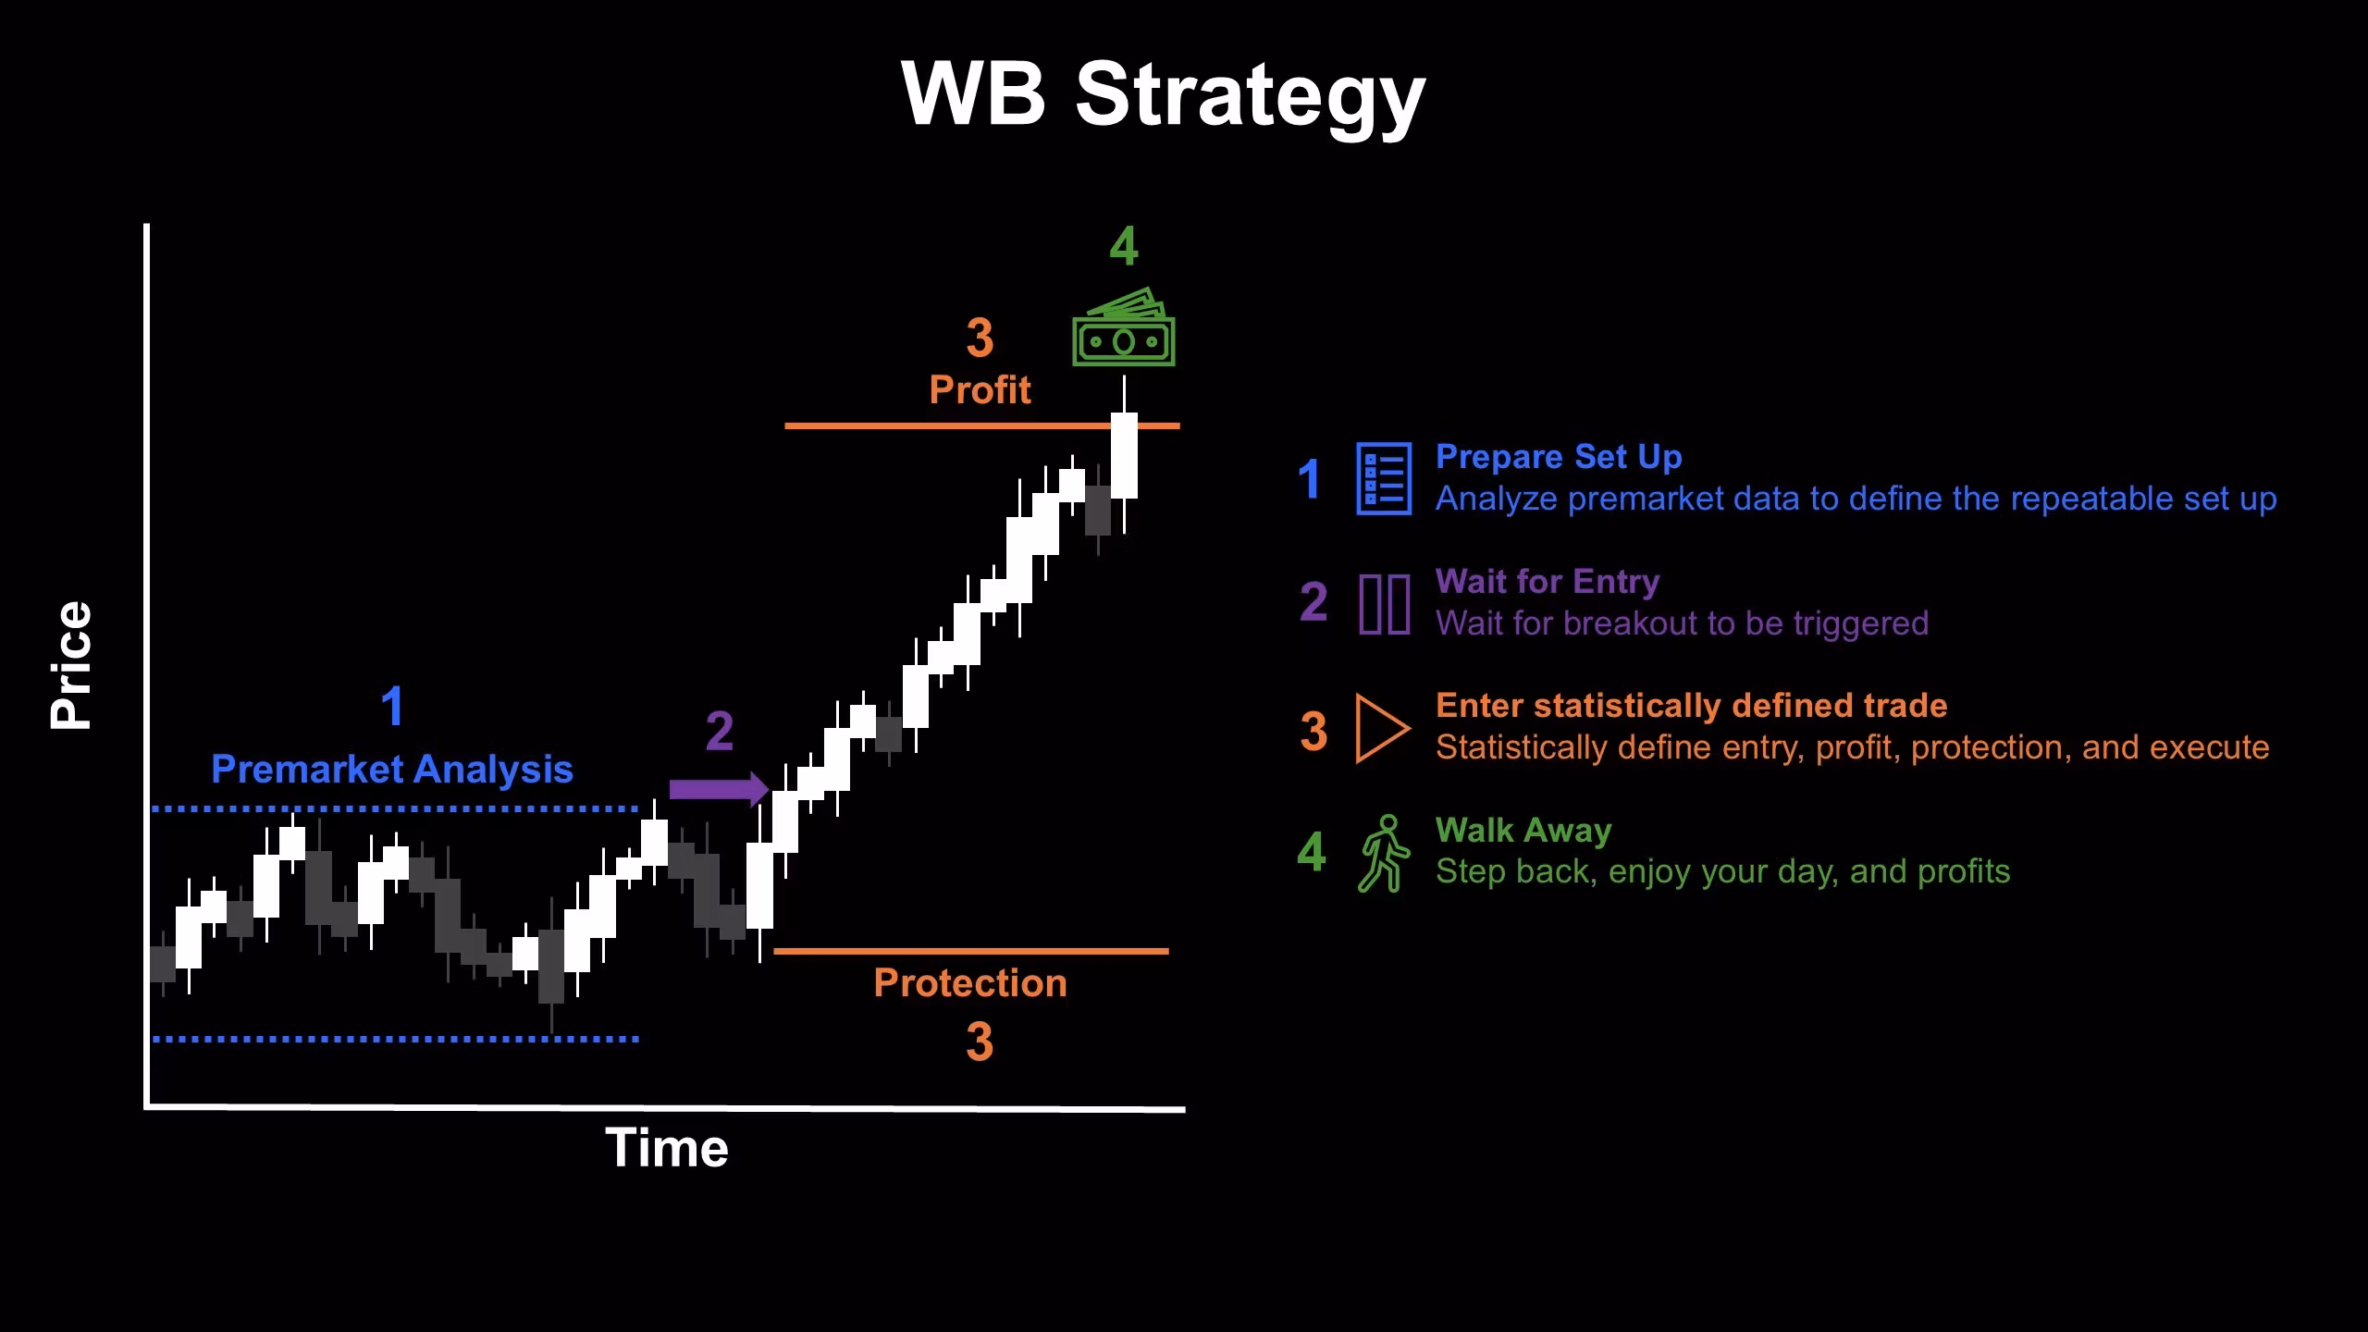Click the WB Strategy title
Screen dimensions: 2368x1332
click(1164, 96)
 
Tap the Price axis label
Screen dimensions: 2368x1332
click(71, 665)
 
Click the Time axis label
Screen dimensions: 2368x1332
click(667, 1148)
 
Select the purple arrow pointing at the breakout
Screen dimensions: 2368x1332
click(720, 789)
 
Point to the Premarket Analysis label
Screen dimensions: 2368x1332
click(392, 770)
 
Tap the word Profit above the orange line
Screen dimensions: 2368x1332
click(980, 389)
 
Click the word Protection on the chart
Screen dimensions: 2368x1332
click(970, 982)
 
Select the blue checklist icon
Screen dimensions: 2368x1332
click(1384, 478)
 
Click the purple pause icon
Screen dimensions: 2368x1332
click(1384, 603)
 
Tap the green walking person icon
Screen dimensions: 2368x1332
click(1384, 853)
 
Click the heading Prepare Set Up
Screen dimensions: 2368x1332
click(1559, 457)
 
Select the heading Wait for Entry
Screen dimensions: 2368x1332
click(1548, 581)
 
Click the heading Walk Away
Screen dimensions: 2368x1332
click(1523, 831)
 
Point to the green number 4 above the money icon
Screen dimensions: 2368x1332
click(1124, 246)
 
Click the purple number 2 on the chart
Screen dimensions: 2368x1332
click(720, 731)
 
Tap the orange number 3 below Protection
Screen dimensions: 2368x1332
click(980, 1042)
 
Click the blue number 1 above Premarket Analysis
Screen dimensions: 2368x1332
click(392, 706)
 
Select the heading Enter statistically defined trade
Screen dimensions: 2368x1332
click(1691, 706)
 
